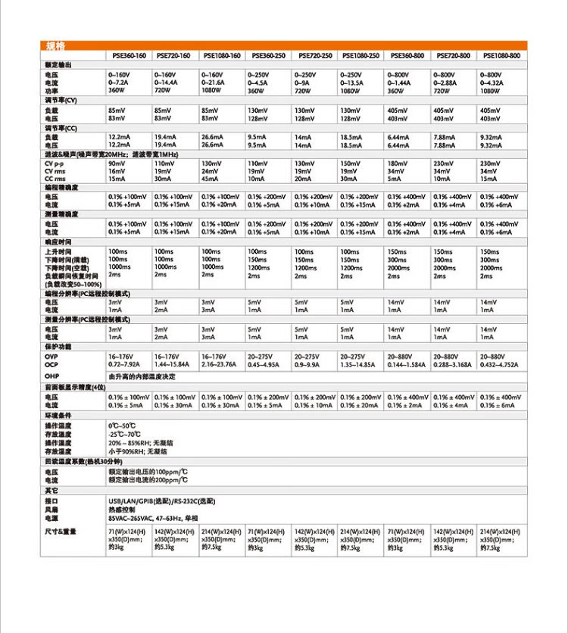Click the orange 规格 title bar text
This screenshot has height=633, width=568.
point(55,47)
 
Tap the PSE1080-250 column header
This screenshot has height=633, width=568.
point(360,56)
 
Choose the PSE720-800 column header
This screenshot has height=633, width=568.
point(453,56)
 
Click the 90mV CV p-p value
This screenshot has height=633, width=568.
point(117,164)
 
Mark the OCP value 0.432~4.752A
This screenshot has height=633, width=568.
point(500,363)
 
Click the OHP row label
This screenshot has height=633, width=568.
point(51,376)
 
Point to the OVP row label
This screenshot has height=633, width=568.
point(51,356)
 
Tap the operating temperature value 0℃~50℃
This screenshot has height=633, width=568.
point(122,426)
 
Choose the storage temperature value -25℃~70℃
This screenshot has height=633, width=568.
point(124,435)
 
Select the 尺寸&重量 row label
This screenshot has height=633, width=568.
point(61,532)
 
